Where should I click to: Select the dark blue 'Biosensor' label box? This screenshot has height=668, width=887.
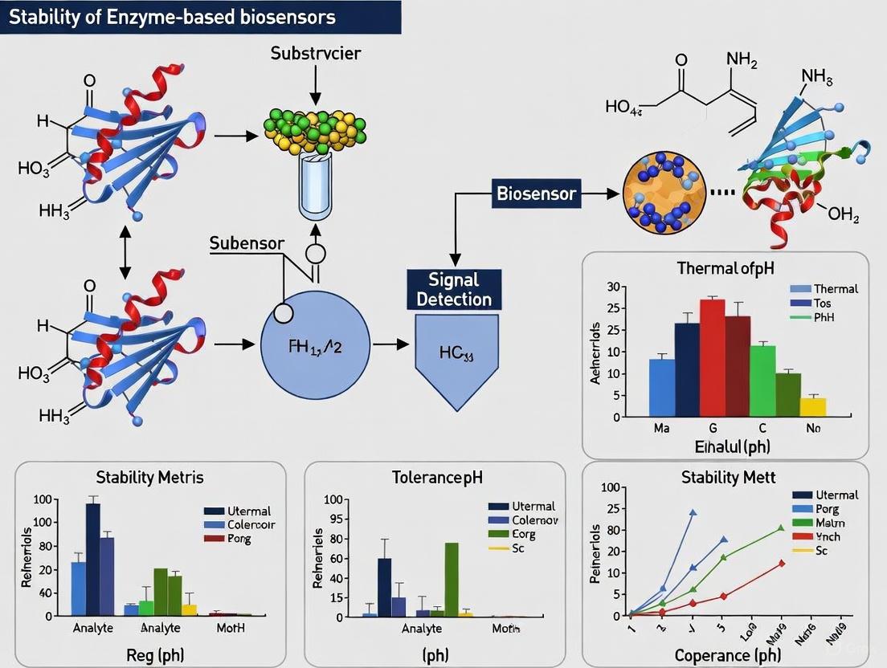pyautogui.click(x=536, y=193)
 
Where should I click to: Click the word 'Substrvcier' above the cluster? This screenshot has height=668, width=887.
pyautogui.click(x=316, y=54)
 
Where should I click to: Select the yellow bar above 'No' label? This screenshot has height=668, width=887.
pyautogui.click(x=812, y=406)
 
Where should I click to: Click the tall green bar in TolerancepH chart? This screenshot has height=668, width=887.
pyautogui.click(x=452, y=579)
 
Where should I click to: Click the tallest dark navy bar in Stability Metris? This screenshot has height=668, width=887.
pyautogui.click(x=92, y=559)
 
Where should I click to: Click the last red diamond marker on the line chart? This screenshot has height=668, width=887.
pyautogui.click(x=781, y=563)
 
